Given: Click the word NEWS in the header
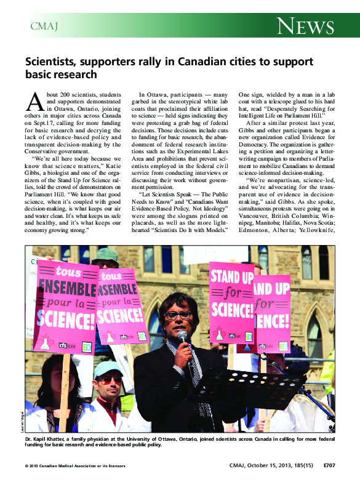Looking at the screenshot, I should (x=305, y=26).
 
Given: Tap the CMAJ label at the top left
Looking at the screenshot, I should (x=44, y=26).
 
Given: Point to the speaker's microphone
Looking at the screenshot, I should (x=182, y=337).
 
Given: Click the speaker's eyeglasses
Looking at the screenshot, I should (x=178, y=315).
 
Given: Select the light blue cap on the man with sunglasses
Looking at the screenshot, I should (x=108, y=368).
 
